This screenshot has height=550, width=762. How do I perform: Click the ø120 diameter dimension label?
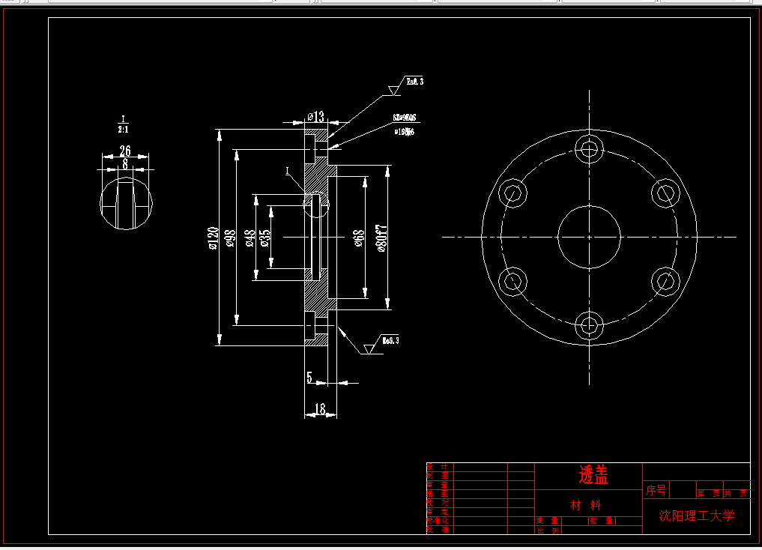pos(213,237)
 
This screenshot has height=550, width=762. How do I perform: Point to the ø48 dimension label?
pos(250,238)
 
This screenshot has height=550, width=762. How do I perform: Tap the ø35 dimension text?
pos(265,238)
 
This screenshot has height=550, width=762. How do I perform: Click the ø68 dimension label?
pos(360,238)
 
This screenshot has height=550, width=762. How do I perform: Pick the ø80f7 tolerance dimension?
pos(382,238)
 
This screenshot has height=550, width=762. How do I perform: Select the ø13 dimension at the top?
pos(316,116)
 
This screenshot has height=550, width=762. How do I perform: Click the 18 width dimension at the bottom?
pos(320,409)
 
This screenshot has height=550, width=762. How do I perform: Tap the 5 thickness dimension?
pos(309,377)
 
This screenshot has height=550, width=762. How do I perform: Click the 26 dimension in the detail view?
pos(125,151)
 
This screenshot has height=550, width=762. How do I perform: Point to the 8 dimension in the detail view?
pos(124,163)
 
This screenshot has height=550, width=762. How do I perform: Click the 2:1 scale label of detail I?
pos(123,129)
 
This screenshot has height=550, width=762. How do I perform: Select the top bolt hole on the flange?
pos(590,149)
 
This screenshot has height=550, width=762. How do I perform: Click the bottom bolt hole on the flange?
pos(590,325)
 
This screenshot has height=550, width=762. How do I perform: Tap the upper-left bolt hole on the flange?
pos(513,193)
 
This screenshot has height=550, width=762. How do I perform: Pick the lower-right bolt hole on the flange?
pos(665,281)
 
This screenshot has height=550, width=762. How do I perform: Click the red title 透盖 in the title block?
pos(593,474)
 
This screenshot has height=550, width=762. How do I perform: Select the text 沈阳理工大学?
pos(697,516)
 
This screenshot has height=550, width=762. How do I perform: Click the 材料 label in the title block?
pos(586,504)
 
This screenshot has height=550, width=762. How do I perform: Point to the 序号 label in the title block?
pos(656,491)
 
